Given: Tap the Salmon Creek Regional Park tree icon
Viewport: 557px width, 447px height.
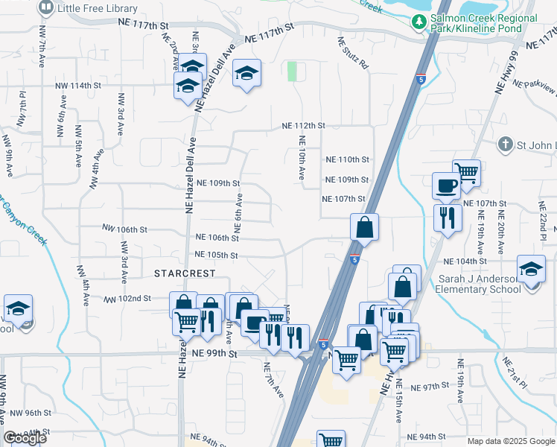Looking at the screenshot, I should (419, 23).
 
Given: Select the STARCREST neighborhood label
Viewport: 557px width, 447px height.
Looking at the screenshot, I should (183, 273).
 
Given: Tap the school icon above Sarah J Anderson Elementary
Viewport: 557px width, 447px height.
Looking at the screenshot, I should (531, 268).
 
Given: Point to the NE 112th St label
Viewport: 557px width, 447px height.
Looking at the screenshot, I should (303, 126).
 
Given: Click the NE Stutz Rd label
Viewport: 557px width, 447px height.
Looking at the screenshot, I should (353, 54).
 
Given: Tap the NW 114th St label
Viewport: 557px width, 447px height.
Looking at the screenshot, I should (77, 86).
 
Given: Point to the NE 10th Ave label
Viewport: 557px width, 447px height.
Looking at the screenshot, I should (302, 157).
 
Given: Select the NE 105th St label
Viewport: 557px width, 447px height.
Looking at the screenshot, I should (216, 255).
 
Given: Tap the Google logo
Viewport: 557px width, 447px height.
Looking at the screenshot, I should (25, 438).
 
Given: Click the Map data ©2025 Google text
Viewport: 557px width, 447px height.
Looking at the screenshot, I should (510, 441).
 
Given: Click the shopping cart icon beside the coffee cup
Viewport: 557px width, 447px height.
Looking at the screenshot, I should (466, 172).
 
